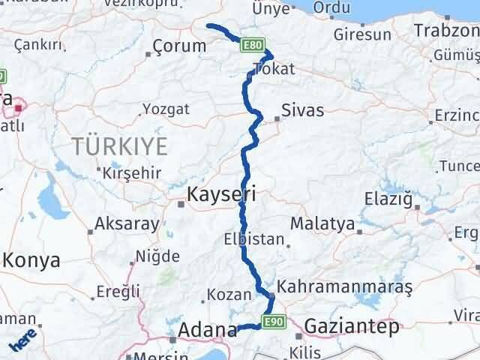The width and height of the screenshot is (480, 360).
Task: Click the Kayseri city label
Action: point(221,194)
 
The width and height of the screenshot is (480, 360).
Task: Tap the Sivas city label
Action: point(302,111)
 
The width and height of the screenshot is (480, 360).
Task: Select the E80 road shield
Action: point(252,46)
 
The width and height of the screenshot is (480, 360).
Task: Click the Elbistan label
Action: point(254,241)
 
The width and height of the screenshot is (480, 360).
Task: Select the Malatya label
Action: point(322,223)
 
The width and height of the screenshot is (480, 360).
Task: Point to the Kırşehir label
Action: point(132,172)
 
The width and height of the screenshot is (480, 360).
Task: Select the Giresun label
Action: point(362,34)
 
